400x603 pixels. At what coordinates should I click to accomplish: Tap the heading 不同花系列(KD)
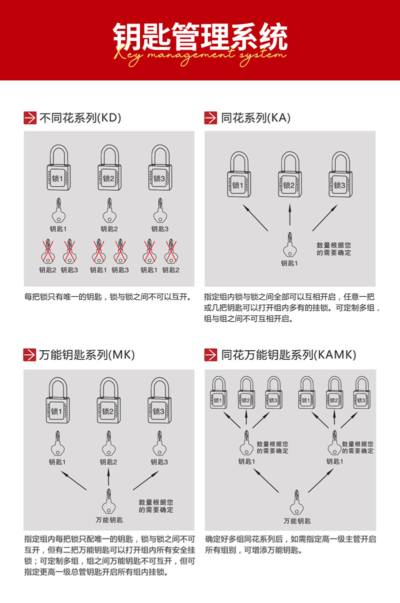pos(80,118)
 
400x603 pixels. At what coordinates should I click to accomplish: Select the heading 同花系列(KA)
pos(255,118)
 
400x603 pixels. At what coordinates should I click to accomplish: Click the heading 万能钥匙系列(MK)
pos(86,355)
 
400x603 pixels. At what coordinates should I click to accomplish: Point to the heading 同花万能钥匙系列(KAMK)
pos(288,355)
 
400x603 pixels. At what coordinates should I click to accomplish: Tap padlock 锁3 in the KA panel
pos(339,184)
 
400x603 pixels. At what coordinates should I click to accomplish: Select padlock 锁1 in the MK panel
pos(57,410)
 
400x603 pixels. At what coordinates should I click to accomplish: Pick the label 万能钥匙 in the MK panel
pos(109,520)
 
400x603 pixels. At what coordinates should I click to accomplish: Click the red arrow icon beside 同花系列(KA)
pos(210,118)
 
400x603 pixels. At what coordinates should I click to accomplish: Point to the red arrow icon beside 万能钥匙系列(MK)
pos(29,355)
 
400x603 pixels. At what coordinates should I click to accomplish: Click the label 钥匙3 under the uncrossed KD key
pos(159,229)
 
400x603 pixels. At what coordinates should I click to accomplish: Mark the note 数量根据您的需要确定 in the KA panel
pos(333,249)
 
